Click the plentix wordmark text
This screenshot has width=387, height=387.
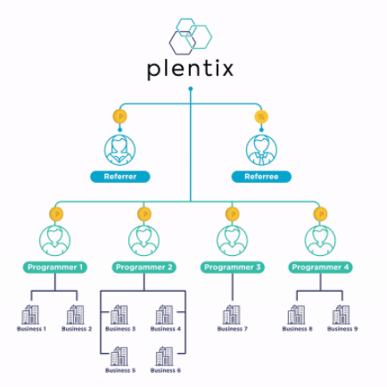pyautogui.click(x=190, y=69)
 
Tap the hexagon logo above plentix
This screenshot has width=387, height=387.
pyautogui.click(x=191, y=37)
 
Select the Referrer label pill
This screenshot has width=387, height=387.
pyautogui.click(x=120, y=177)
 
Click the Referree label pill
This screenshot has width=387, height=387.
pyautogui.click(x=261, y=177)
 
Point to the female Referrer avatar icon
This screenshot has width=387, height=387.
pyautogui.click(x=119, y=150)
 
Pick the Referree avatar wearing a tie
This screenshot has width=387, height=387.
pyautogui.click(x=261, y=150)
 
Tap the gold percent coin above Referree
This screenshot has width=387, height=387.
pyautogui.click(x=261, y=117)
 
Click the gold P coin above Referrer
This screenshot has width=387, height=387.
pyautogui.click(x=120, y=117)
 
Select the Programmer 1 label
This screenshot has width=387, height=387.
pyautogui.click(x=55, y=268)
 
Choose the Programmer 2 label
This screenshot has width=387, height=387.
pyautogui.click(x=144, y=268)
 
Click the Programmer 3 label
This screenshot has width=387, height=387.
pyautogui.click(x=232, y=268)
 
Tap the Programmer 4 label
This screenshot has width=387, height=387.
pyautogui.click(x=320, y=268)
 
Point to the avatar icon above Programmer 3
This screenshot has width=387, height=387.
pyautogui.click(x=232, y=241)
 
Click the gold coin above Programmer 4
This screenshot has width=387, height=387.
pyautogui.click(x=320, y=214)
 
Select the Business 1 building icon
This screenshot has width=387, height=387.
pyautogui.click(x=30, y=315)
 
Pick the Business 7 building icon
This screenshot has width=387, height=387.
pyautogui.click(x=232, y=315)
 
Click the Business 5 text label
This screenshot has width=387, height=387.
pyautogui.click(x=120, y=370)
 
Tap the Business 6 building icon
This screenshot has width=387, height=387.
pyautogui.click(x=164, y=356)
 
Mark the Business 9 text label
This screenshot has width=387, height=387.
pyautogui.click(x=342, y=329)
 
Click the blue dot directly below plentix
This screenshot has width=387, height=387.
pyautogui.click(x=191, y=88)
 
